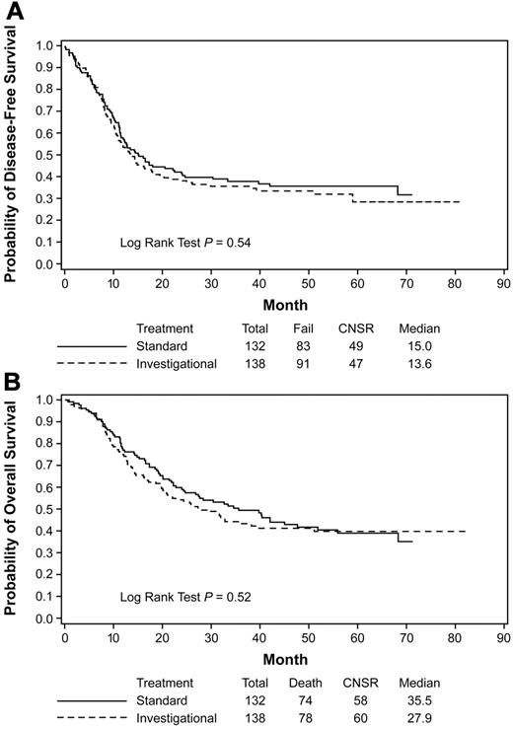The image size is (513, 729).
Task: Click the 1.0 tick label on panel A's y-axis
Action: point(42,45)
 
